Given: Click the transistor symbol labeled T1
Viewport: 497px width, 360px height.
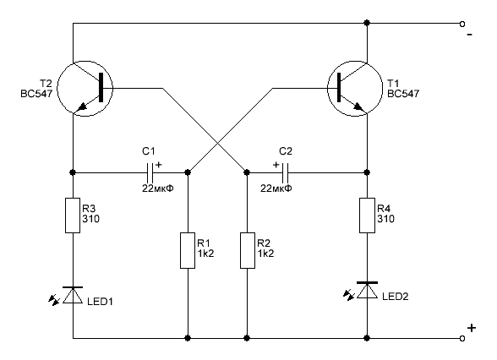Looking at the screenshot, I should coord(352,88).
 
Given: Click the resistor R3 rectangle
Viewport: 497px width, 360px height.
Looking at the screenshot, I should coord(73,215).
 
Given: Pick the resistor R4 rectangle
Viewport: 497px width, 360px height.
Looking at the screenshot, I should coord(368,215).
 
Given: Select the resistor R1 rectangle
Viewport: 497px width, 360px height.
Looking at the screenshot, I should coord(188,251).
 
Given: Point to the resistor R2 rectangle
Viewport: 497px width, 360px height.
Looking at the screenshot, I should coord(246,251).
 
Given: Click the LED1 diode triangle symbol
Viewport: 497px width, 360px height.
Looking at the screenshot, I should coord(73,295).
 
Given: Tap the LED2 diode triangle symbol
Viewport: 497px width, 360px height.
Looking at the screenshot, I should coord(368,291).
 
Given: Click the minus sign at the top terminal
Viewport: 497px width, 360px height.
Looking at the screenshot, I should coord(469,36).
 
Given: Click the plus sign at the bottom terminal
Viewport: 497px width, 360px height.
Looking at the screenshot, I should coord(471,327).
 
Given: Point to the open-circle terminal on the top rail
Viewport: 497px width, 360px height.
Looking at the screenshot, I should coord(462,24).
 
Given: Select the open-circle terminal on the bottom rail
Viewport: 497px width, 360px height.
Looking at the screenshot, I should coord(462,338).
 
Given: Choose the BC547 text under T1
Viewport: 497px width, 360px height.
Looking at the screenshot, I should coord(403,95).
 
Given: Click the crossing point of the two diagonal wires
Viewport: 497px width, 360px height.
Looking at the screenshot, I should coord(217,142).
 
